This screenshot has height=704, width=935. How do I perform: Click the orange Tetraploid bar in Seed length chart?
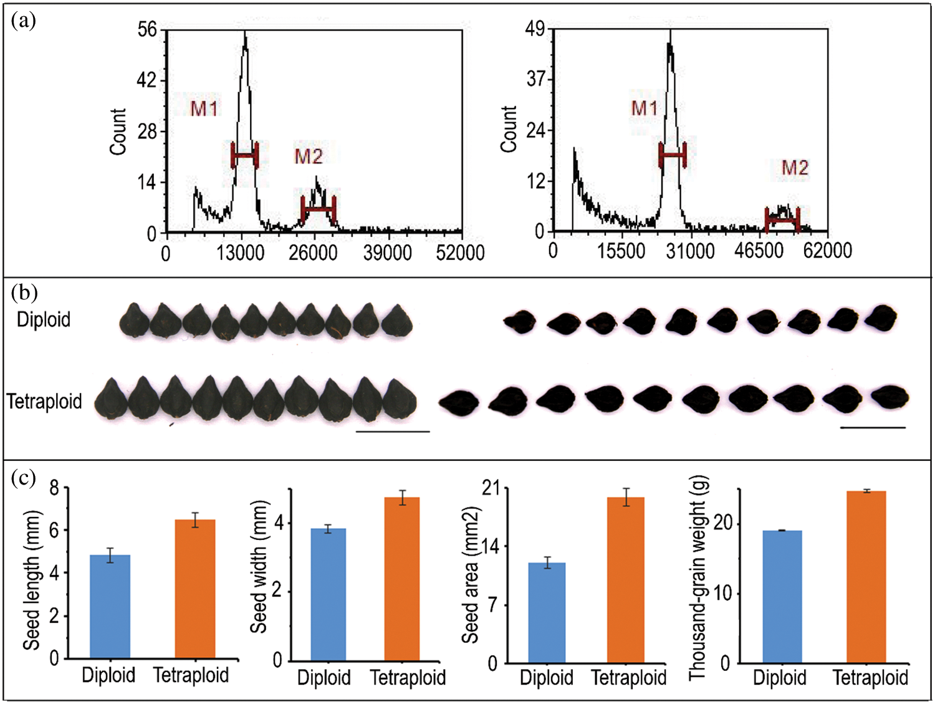195,589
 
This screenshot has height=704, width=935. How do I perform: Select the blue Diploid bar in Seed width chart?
328,594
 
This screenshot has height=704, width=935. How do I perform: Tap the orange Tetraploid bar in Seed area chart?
625,579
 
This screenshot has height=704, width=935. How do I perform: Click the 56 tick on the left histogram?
147,29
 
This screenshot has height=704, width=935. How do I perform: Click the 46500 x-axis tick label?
759,251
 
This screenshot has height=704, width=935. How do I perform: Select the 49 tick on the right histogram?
535,29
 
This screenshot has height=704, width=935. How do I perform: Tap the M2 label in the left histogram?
309,156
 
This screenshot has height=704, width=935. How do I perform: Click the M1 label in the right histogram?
645,108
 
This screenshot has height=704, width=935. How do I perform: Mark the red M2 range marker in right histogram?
782,220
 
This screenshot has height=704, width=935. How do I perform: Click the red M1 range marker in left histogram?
244,155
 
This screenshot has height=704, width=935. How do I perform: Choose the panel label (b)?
24,292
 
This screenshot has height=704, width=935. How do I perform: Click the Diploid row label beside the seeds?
43,319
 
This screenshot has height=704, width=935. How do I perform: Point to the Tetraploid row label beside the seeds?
44,401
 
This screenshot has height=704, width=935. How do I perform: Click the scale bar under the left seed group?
392,431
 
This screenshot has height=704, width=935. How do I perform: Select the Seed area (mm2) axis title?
471,575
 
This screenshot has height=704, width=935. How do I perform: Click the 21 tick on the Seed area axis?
492,488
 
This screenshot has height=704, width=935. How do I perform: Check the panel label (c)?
24,478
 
